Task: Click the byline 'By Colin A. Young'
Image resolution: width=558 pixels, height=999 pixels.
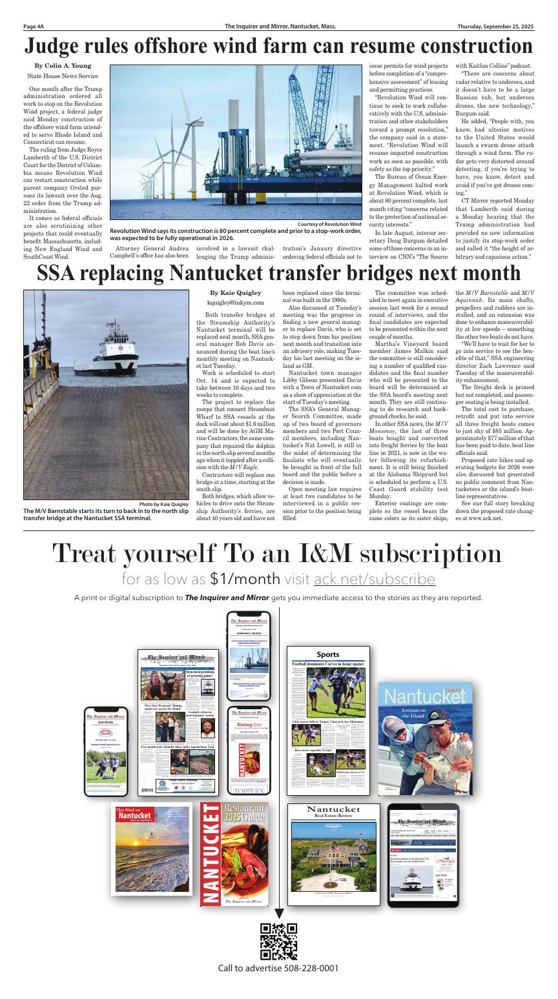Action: point(63,66)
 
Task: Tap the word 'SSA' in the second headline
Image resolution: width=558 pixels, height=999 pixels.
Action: point(61,273)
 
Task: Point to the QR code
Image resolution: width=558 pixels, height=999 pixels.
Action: point(278,941)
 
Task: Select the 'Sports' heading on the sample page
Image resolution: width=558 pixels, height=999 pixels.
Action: point(327,654)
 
